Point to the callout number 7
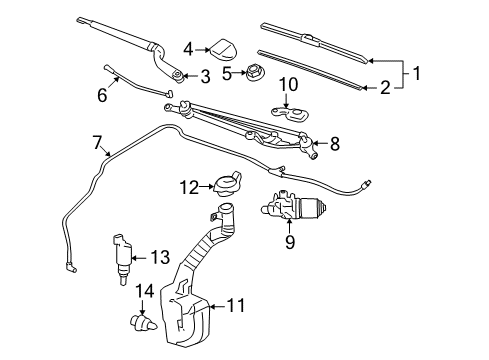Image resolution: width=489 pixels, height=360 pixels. pos(98,143)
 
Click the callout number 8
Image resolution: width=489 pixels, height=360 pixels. pos(334,144)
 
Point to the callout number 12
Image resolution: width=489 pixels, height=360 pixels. pos(189,185)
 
